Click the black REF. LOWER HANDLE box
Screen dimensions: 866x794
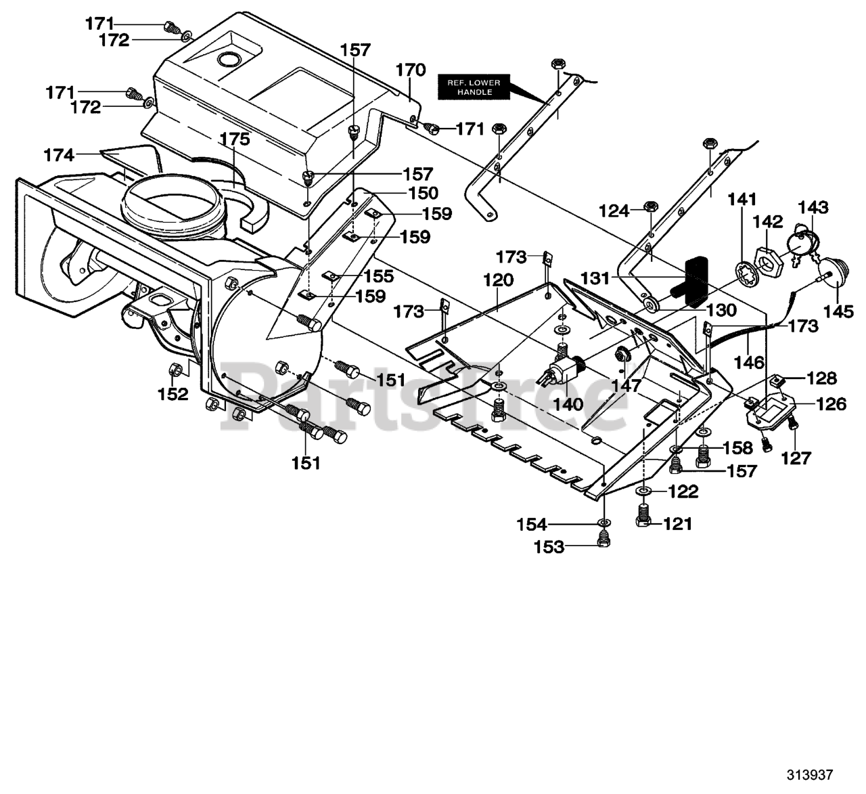coord(474,87)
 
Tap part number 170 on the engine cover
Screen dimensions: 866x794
coord(411,70)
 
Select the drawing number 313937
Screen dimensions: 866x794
coord(809,774)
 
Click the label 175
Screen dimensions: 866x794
coord(235,139)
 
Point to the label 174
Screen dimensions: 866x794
coord(59,154)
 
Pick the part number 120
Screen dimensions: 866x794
coord(498,280)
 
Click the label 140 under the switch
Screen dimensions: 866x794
coord(568,404)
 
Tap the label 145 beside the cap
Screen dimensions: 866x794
coord(838,311)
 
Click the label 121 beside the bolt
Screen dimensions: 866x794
coord(677,524)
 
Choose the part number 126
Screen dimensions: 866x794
coord(831,404)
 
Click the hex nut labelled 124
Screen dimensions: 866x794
coord(650,206)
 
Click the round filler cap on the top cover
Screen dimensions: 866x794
coord(230,58)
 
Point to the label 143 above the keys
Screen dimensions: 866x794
coord(813,207)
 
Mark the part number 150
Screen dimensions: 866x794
coord(423,193)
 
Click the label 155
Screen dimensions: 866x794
coord(379,276)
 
